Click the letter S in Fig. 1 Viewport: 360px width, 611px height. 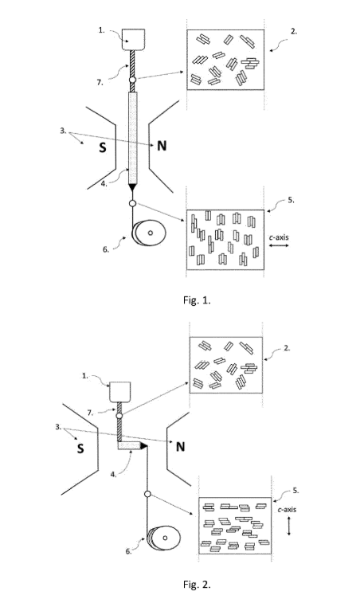pos(103,147)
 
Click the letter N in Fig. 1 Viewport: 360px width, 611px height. pos(162,146)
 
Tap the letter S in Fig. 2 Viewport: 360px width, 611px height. pos(80,448)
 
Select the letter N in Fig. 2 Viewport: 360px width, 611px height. pos(180,447)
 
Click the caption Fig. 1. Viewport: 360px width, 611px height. pos(197,300)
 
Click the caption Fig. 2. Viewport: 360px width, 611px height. pos(197,585)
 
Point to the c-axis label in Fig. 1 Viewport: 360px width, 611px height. pos(279,237)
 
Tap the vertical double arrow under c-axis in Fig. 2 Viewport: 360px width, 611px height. pos(288,526)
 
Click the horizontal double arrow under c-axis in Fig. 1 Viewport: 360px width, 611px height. pos(279,246)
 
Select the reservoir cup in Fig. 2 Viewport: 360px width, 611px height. pos(120,392)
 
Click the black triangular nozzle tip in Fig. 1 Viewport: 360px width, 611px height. pos(133,187)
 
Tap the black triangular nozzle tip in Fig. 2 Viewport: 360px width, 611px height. pos(143,445)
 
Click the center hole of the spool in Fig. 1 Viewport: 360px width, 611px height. pos(150,233)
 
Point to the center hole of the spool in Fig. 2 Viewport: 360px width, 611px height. pos(165,539)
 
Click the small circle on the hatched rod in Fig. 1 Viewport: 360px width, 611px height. pos(132,80)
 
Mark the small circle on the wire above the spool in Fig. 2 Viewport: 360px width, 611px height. pos(147,495)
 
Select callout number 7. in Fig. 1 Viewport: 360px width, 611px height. pos(99,81)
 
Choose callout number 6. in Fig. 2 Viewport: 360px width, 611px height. pos(128,551)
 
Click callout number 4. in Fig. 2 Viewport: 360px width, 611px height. pos(113,475)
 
